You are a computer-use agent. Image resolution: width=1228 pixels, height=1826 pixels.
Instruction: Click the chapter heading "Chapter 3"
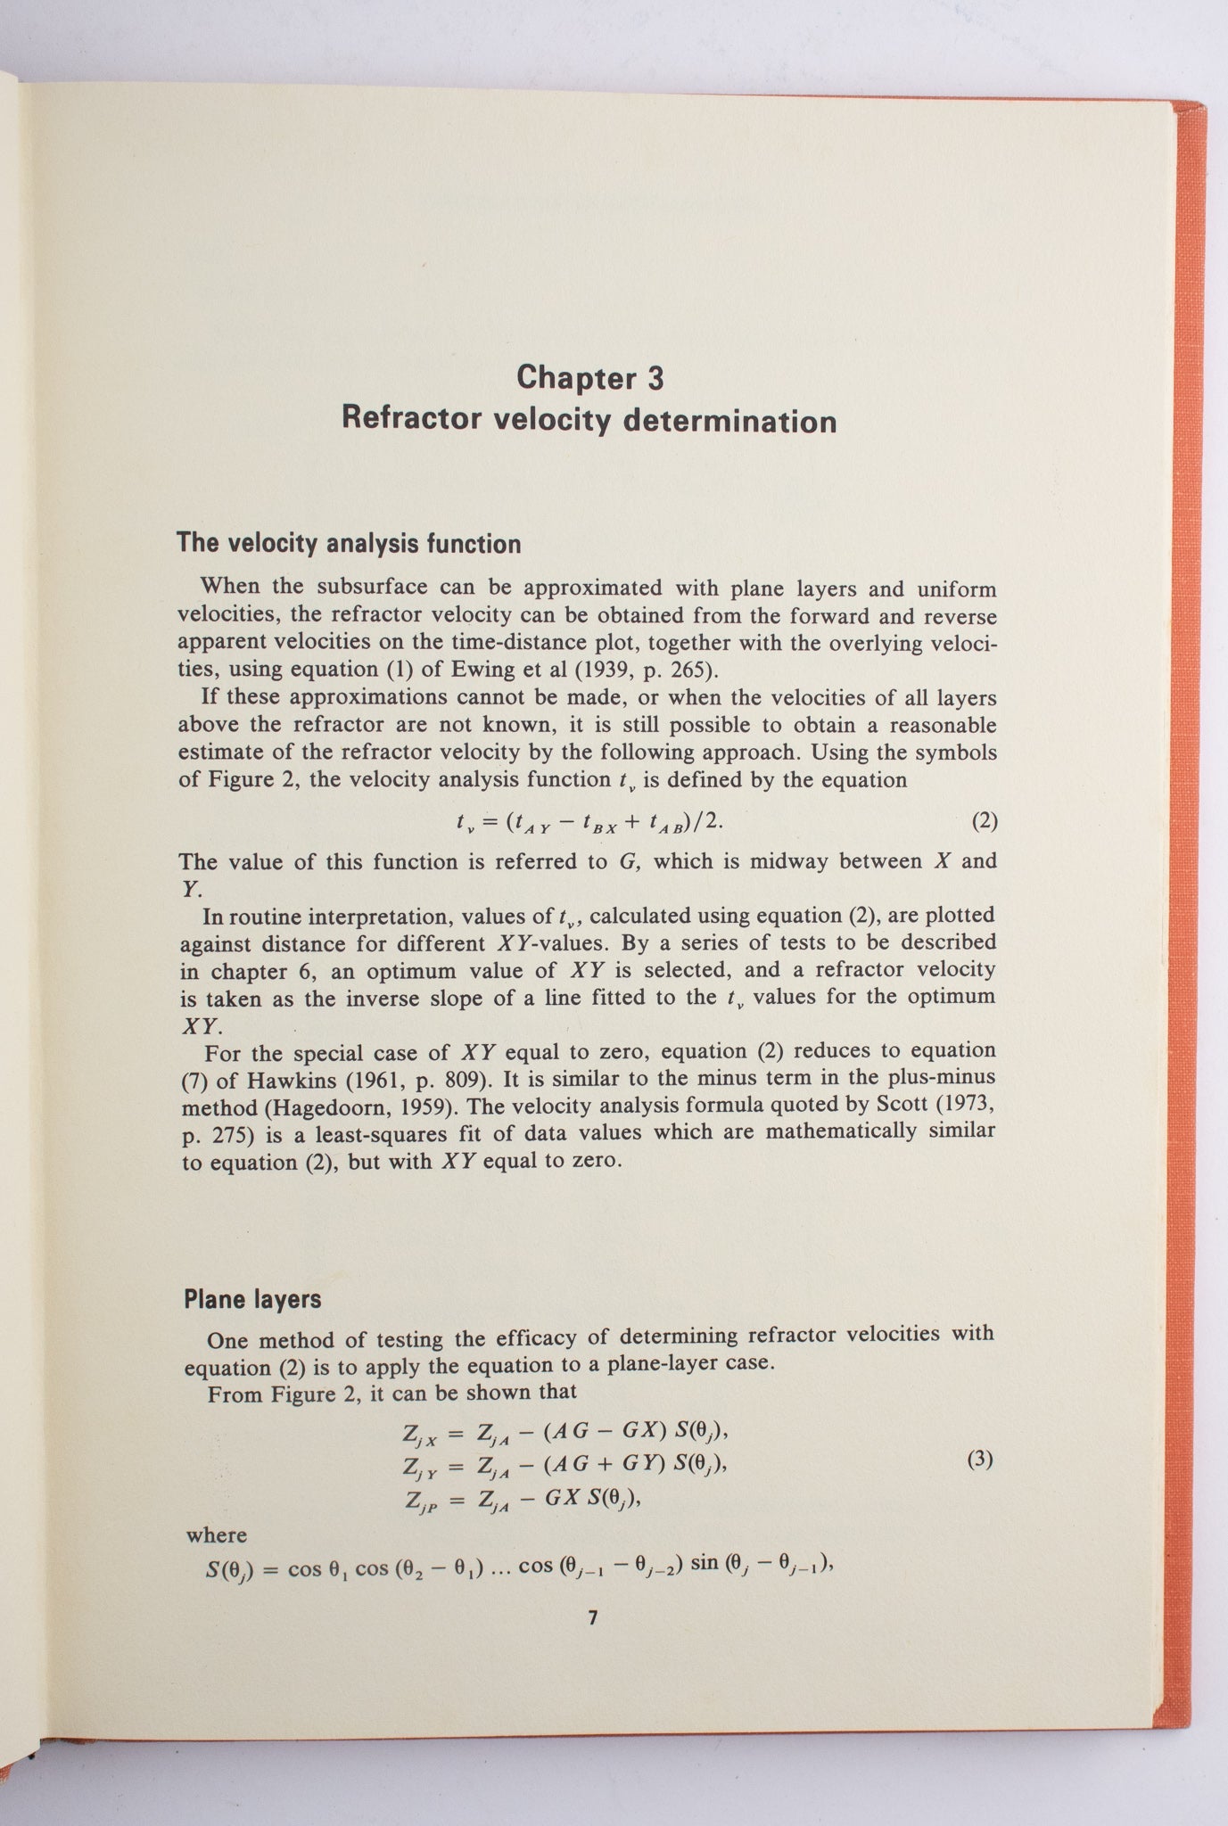click(x=590, y=377)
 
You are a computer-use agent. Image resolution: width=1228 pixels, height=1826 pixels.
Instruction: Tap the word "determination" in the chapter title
click(x=728, y=420)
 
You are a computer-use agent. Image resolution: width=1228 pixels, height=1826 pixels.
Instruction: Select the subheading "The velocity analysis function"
click(x=349, y=543)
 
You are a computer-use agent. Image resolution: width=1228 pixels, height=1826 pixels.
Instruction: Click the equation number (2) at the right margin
click(x=984, y=820)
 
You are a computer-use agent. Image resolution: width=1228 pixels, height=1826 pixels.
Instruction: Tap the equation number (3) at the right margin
click(x=980, y=1460)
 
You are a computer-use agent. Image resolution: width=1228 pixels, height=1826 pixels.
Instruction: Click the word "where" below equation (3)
click(x=217, y=1535)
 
